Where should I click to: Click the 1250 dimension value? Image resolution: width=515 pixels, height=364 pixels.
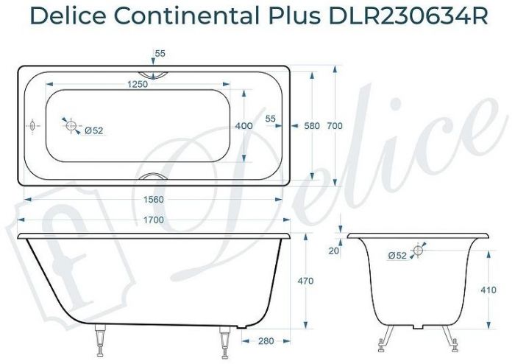[138, 85]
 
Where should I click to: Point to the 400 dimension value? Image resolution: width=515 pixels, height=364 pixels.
[244, 126]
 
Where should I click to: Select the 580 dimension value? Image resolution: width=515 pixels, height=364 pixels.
[311, 126]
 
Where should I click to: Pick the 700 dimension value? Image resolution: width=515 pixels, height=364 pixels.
[335, 126]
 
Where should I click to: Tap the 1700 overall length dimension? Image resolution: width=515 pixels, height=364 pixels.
[152, 219]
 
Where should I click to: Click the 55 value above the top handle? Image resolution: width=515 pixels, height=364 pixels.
[160, 54]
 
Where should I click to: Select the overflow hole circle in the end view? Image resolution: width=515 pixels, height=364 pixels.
[418, 251]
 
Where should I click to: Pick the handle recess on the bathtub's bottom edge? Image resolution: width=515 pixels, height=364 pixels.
[154, 178]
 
